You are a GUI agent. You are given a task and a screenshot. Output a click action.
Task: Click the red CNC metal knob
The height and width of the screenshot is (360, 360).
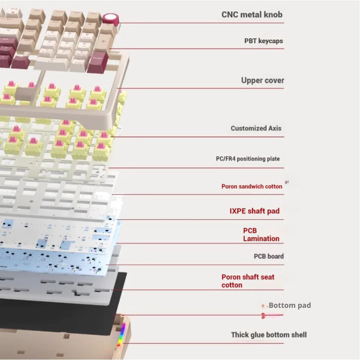tap(110, 18)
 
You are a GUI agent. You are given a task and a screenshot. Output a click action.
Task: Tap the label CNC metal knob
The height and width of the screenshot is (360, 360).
tap(252, 14)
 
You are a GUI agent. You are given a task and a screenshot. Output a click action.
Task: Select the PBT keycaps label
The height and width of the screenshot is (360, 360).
tap(263, 41)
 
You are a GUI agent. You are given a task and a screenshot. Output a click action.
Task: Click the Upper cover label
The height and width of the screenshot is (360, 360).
tap(262, 81)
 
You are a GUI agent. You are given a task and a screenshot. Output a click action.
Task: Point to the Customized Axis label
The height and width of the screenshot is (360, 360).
tap(256, 128)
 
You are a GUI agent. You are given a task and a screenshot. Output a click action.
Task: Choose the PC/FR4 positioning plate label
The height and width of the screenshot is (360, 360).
tap(247, 159)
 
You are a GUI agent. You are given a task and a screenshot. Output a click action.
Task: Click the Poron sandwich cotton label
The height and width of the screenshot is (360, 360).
tap(252, 186)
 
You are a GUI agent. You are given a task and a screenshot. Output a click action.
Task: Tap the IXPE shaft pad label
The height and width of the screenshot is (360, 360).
tap(254, 211)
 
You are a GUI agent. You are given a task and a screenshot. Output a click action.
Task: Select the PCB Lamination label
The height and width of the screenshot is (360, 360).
tap(261, 234)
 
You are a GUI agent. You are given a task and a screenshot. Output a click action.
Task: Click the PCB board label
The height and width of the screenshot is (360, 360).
tap(269, 256)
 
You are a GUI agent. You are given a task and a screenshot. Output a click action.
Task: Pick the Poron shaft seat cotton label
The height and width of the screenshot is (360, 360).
tap(247, 281)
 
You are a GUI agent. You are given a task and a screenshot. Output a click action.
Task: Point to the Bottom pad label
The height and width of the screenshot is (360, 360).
tap(289, 306)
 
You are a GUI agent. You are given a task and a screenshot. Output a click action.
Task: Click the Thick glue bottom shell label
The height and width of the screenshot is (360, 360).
tap(269, 335)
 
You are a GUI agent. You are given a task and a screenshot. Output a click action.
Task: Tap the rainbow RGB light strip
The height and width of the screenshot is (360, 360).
tap(121, 337)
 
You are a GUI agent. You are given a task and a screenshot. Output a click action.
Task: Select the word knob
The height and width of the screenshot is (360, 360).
tap(273, 14)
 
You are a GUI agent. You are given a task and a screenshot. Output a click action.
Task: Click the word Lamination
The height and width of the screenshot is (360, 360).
tap(261, 238)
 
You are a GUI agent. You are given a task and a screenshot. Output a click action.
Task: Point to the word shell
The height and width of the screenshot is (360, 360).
tap(297, 335)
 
